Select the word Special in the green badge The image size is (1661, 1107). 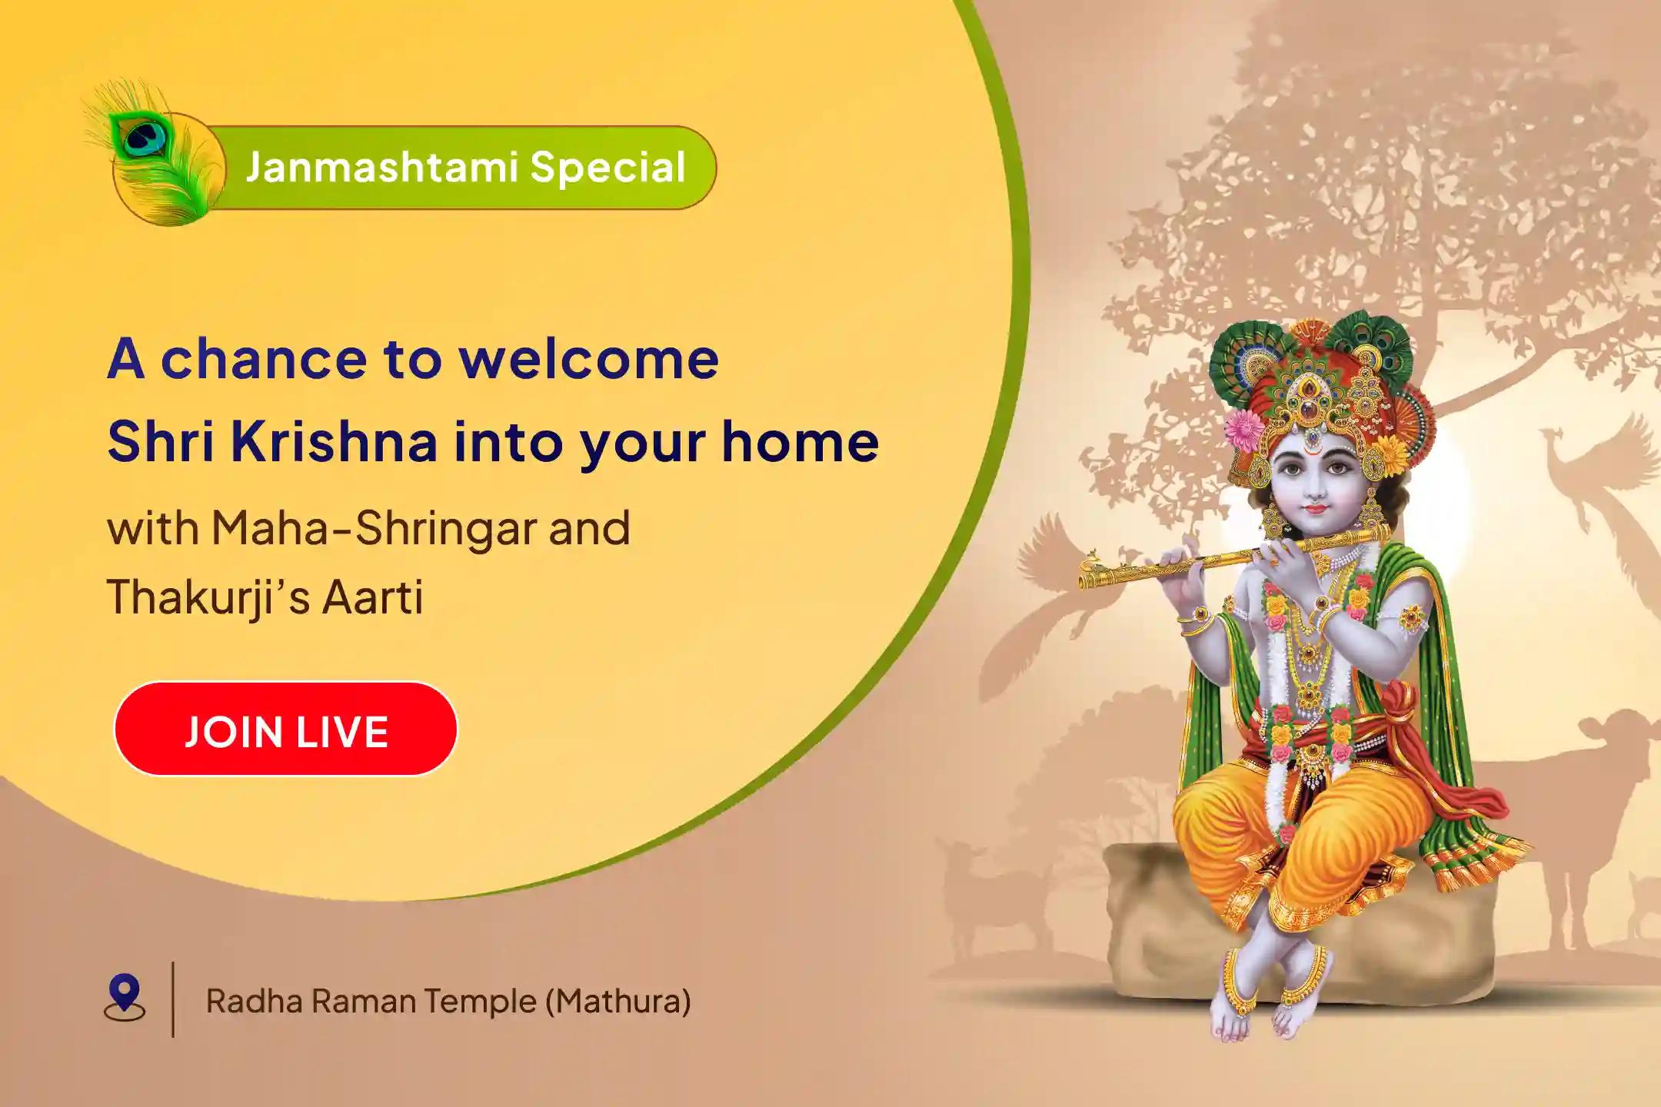click(607, 168)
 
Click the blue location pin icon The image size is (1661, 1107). click(125, 997)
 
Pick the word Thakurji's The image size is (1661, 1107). click(208, 598)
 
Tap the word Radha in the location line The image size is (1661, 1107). click(255, 1001)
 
